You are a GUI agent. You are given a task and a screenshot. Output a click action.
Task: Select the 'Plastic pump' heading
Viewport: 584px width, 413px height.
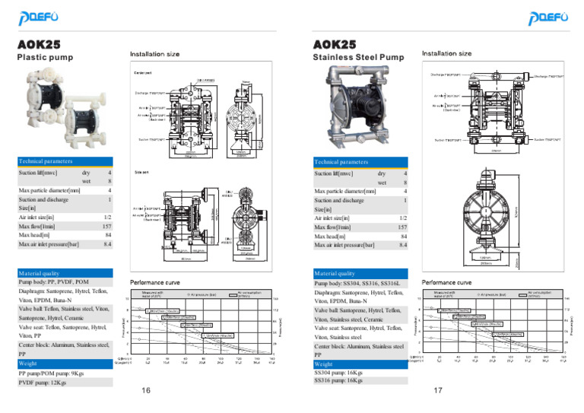point(45,57)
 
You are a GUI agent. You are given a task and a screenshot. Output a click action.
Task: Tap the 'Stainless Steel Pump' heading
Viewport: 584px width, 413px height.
point(358,57)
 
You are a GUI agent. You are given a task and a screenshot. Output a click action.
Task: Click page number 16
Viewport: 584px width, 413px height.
point(146,390)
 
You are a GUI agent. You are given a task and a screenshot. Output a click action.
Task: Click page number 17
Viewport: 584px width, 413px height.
point(438,390)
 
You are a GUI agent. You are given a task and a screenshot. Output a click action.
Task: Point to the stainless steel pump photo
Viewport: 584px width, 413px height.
point(357,107)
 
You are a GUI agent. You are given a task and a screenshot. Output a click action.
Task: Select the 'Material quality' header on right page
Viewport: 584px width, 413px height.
point(335,274)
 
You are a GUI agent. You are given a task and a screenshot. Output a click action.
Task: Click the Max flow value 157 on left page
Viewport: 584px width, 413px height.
point(107,227)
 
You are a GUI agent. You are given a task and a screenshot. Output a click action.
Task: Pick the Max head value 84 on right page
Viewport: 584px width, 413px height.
point(403,237)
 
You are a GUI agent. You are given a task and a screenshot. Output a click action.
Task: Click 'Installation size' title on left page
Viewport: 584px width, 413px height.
point(154,55)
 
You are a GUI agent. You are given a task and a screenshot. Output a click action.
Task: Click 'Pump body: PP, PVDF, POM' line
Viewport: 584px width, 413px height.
point(53,281)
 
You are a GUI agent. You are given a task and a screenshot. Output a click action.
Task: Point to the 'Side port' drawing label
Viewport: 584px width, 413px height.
point(142,172)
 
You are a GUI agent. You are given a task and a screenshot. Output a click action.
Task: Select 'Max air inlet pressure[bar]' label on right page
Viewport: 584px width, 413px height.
point(344,246)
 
